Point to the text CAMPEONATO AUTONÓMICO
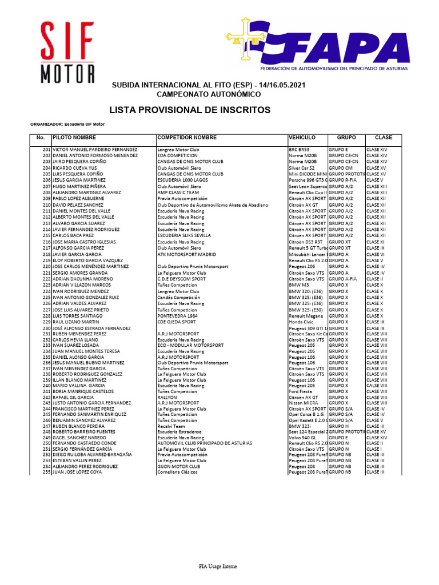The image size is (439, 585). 209,94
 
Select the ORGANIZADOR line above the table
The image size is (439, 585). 67,124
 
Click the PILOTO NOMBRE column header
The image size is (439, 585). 74,138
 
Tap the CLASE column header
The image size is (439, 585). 383,138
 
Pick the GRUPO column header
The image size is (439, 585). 346,138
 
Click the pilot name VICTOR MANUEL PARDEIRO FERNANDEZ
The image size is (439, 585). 95,149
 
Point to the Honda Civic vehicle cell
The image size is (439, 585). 301,322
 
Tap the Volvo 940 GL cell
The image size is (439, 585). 304,437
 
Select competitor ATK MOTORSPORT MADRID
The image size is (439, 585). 186,254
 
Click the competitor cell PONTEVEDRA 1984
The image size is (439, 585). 178,316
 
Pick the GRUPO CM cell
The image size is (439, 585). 340,168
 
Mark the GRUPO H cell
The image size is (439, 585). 338,426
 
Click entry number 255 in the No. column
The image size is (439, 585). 46,472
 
